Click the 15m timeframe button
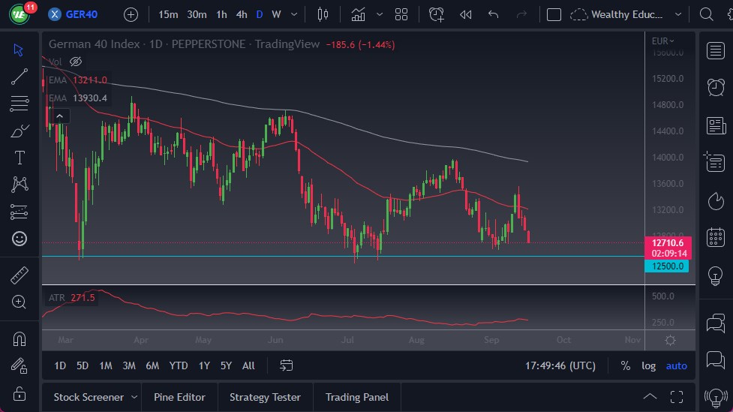pyautogui.click(x=169, y=14)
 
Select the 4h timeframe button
pyautogui.click(x=241, y=14)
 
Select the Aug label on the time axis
pyautogui.click(x=417, y=339)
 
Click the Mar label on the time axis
pyautogui.click(x=66, y=339)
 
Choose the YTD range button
pyautogui.click(x=179, y=365)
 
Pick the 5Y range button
pyautogui.click(x=226, y=365)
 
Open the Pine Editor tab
pyautogui.click(x=180, y=397)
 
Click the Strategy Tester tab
pyautogui.click(x=265, y=397)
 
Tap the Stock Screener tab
pyautogui.click(x=89, y=397)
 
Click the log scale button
pyautogui.click(x=649, y=365)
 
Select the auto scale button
pyautogui.click(x=676, y=365)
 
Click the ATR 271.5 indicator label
pyautogui.click(x=71, y=298)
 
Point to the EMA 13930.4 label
pyautogui.click(x=78, y=98)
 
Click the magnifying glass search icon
pyautogui.click(x=705, y=14)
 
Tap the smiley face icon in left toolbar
pyautogui.click(x=20, y=239)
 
